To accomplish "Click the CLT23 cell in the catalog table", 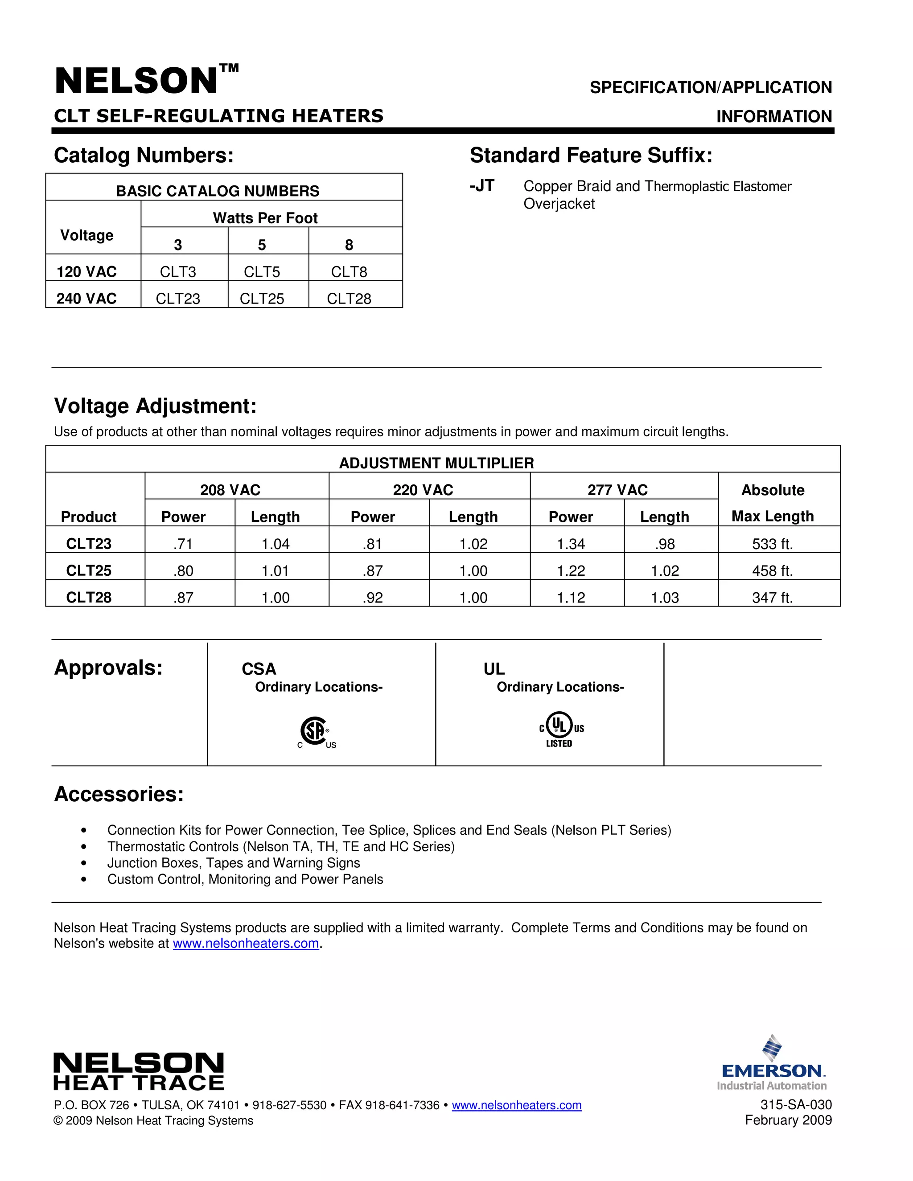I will (x=178, y=299).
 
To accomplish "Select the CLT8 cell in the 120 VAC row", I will (x=349, y=271).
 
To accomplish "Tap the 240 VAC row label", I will (x=86, y=299).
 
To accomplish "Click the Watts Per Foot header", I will (x=265, y=218).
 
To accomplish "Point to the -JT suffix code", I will (x=482, y=186).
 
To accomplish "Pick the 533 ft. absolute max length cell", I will (x=773, y=544).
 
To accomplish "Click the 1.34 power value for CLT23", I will (x=571, y=544).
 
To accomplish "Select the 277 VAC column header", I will (x=617, y=490).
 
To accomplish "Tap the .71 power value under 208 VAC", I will (x=183, y=544).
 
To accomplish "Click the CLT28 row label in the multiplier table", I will (x=89, y=598).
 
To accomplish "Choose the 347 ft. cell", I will (x=773, y=598).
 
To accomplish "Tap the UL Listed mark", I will (x=560, y=730).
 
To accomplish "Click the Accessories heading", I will (x=119, y=794).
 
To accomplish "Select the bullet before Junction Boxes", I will (x=83, y=863).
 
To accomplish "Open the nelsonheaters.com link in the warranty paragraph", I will (x=246, y=943).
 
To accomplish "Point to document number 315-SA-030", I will (x=796, y=1105).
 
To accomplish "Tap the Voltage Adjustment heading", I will (x=155, y=406).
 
